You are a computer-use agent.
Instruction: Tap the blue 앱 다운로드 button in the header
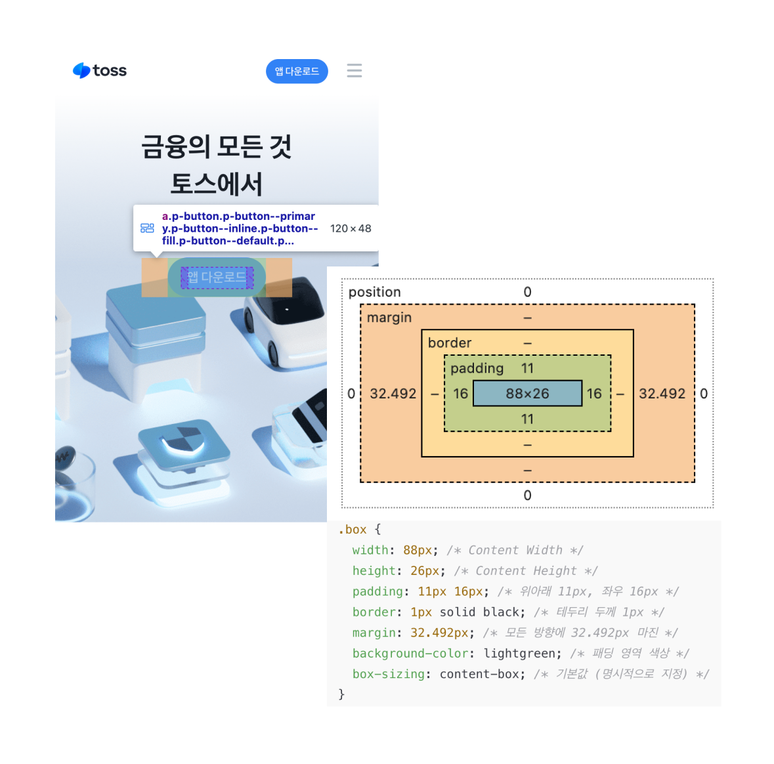pos(297,72)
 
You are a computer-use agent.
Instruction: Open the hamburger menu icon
pos(355,71)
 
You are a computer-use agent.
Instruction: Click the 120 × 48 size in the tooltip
pos(351,228)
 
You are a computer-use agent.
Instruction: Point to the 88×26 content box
pos(527,394)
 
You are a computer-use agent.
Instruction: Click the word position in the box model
pos(374,292)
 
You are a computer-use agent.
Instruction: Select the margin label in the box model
pos(389,318)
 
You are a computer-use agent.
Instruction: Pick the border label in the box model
pos(450,343)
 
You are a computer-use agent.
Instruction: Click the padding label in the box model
pos(477,368)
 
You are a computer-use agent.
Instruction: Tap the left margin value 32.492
pos(393,394)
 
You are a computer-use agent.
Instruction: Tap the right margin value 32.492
pos(662,394)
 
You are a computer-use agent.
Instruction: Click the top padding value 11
pos(527,368)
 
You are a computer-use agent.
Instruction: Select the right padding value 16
pos(594,394)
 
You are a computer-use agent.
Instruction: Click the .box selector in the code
pos(353,530)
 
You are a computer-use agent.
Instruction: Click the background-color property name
pos(411,654)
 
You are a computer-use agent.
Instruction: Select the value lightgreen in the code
pos(523,654)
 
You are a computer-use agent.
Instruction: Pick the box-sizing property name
pos(389,674)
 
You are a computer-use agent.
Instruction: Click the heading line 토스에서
pos(216,184)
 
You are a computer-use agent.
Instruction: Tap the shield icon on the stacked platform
pos(184,438)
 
